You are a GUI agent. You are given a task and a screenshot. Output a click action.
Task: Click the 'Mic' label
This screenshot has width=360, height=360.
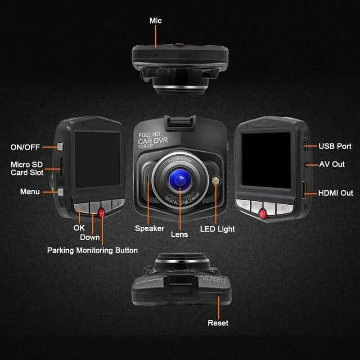coord(155,21)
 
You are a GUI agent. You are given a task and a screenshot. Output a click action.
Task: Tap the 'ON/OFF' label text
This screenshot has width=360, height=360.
coord(26,147)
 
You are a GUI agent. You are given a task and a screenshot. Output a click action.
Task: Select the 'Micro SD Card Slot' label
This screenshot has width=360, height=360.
coord(27,169)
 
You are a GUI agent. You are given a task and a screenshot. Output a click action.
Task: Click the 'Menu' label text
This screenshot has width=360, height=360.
coord(30,192)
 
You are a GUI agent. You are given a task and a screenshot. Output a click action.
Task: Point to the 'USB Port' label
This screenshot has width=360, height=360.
coord(335,146)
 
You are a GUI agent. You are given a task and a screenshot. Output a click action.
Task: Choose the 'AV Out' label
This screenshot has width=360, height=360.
coord(332,164)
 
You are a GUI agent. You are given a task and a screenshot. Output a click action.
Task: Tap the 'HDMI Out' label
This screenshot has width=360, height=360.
coord(336,193)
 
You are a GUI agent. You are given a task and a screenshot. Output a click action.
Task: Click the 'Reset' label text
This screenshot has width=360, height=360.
coord(218,323)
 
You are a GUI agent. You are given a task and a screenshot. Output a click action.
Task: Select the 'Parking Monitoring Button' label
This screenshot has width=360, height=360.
coord(92,250)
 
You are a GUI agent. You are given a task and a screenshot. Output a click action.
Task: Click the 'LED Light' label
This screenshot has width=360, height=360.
coord(217,229)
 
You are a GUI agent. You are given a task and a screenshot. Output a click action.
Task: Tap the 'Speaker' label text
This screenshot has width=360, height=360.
coord(149,229)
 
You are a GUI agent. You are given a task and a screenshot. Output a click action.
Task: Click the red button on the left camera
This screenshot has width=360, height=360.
coord(101,212)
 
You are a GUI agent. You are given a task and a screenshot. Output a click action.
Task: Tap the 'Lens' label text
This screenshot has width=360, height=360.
coord(179,234)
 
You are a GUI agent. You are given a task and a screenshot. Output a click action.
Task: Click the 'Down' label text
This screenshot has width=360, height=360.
coord(90,237)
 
